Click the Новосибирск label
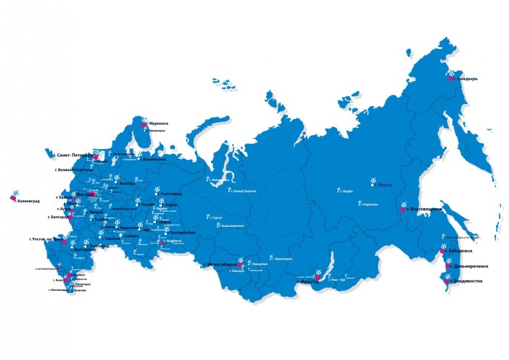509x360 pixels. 223,264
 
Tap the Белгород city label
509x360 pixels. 57,217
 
